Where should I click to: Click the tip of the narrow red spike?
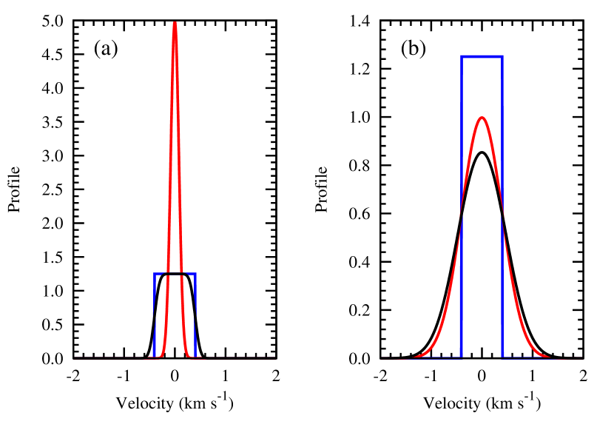[x=175, y=24]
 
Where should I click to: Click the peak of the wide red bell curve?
[x=482, y=118]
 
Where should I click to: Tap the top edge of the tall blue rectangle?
[x=482, y=56]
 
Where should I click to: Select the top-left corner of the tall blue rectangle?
[x=462, y=56]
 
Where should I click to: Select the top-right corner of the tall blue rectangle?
[x=502, y=56]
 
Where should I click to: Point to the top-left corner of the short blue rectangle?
[x=155, y=274]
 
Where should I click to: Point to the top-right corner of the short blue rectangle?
[x=195, y=274]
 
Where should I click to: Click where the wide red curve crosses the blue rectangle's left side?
[x=462, y=216]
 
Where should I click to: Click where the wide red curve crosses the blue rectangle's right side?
[x=502, y=216]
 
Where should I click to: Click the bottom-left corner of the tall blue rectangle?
[x=462, y=357]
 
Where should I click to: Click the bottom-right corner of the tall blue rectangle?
[x=502, y=357]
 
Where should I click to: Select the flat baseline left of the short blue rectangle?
[x=111, y=357]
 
